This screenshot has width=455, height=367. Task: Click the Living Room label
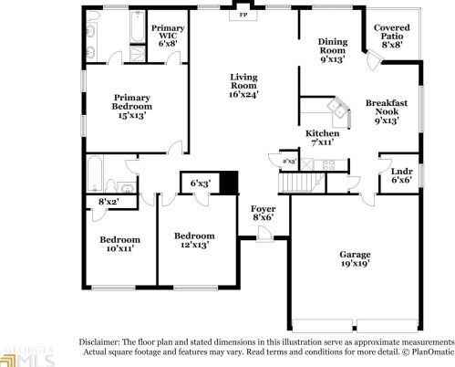(x=243, y=85)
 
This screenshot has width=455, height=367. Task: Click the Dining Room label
(x=333, y=50)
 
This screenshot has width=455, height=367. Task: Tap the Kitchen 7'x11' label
(x=322, y=138)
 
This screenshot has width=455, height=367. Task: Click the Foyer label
(x=263, y=215)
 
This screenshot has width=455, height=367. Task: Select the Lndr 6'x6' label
(x=400, y=175)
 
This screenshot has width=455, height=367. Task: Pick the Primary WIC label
(x=168, y=35)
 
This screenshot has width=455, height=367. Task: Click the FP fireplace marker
(x=243, y=16)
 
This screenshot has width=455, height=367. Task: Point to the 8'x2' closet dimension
(x=109, y=201)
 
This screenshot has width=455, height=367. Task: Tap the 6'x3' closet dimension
(x=201, y=183)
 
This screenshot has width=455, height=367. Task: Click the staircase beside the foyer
(x=297, y=183)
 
